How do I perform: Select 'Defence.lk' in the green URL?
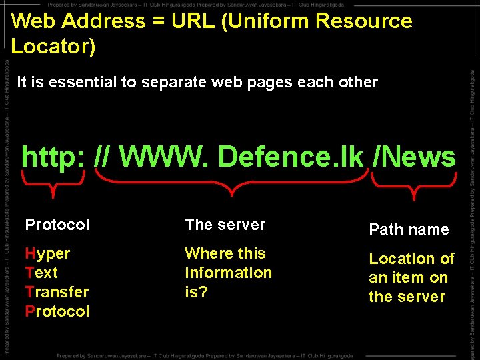tap(291, 157)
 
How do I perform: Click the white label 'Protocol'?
tap(57, 225)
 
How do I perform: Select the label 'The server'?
tap(225, 225)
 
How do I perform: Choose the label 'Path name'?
tap(409, 229)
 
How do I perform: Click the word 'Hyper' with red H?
tap(47, 253)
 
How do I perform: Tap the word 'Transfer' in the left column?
tap(57, 292)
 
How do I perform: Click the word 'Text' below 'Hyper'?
tap(41, 273)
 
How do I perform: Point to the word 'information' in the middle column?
tap(228, 273)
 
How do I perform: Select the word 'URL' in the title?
tap(194, 21)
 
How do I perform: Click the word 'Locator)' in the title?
tap(53, 46)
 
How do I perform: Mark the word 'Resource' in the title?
tap(364, 21)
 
